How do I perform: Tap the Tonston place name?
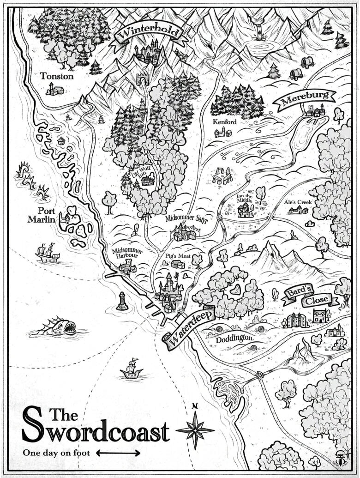coord(56,76)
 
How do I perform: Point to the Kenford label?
coord(224,122)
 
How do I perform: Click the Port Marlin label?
coord(42,215)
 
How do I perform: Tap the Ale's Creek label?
coord(298,202)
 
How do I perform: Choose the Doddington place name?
coord(234,338)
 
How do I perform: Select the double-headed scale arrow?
coord(118,453)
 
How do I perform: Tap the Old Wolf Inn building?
coord(148,180)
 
